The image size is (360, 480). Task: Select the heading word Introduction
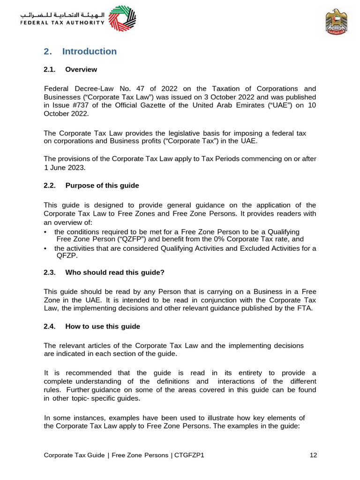(x=89, y=52)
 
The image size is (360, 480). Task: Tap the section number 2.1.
(x=50, y=70)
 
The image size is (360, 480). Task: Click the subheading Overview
(x=81, y=70)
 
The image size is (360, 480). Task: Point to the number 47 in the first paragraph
(x=141, y=89)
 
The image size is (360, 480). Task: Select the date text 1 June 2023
(x=65, y=167)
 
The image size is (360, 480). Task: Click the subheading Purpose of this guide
(x=102, y=186)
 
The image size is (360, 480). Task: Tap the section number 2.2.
(x=50, y=186)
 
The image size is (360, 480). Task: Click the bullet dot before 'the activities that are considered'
(x=45, y=248)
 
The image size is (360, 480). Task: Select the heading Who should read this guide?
(x=115, y=272)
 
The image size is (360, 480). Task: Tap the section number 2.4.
(x=50, y=326)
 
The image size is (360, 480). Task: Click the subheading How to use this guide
(x=103, y=326)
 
